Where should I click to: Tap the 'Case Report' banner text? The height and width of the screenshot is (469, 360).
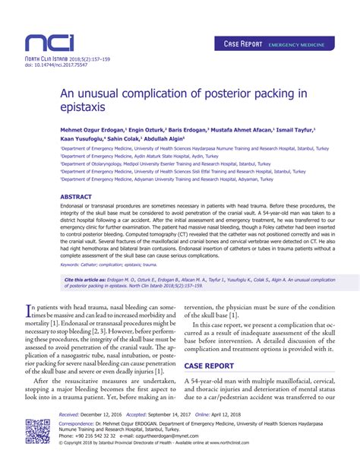[242, 45]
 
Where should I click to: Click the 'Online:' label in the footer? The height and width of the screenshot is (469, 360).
[204, 414]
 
